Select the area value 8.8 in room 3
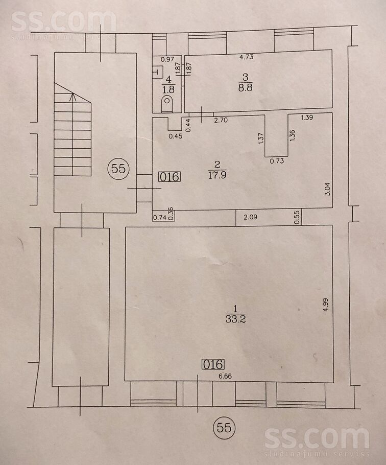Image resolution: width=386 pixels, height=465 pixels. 247,86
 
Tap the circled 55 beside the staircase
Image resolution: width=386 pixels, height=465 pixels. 118,169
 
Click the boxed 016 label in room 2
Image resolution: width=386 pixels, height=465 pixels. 168,177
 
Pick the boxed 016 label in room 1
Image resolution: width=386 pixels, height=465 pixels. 212,364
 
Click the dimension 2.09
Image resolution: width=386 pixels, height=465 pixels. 250,217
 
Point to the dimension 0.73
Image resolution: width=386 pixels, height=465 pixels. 277,161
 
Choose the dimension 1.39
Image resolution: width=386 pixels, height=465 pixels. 307,118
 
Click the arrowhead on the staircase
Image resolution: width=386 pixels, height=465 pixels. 73,95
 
